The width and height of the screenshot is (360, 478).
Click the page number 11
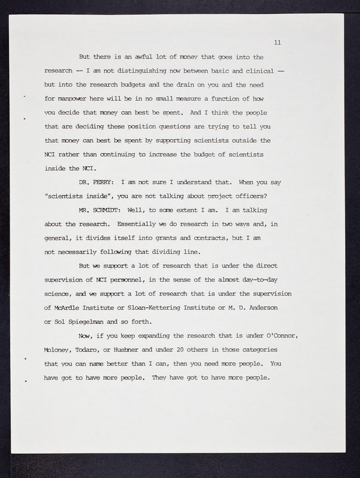pos(277,42)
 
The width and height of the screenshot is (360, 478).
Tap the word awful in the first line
pos(133,57)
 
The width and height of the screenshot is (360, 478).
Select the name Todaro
pos(104,350)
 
